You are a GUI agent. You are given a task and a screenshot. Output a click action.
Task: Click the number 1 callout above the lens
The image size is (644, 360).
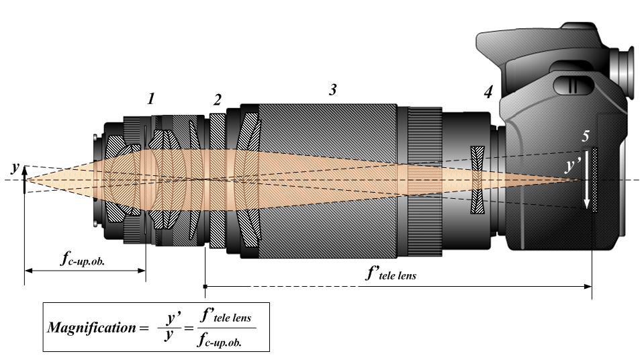pyautogui.click(x=152, y=99)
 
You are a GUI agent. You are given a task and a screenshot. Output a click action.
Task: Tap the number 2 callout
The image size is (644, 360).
pyautogui.click(x=217, y=100)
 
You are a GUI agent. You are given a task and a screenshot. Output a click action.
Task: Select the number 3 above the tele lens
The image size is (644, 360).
pyautogui.click(x=332, y=90)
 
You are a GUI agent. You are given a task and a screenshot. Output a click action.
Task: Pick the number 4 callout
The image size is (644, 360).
pyautogui.click(x=488, y=93)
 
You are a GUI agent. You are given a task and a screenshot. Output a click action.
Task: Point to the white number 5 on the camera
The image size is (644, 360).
pyautogui.click(x=586, y=136)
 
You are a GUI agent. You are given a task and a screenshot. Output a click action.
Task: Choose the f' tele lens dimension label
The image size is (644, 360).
pyautogui.click(x=390, y=273)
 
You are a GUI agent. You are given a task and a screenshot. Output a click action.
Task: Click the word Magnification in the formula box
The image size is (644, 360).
pyautogui.click(x=91, y=328)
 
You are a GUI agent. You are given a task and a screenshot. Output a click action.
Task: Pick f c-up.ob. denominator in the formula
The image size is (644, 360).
pyautogui.click(x=227, y=340)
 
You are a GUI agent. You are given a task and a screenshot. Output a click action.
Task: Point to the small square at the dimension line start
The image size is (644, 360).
pyautogui.click(x=205, y=287)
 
